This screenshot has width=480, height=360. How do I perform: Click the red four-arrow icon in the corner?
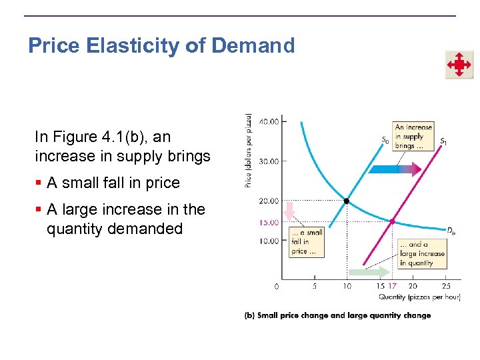coord(459,65)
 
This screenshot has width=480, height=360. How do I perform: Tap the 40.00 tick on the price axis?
coord(269,121)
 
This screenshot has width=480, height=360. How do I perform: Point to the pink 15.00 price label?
coord(269,222)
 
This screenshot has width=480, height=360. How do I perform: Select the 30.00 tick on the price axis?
coord(269,161)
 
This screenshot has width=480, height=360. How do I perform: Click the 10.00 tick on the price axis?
coord(269,241)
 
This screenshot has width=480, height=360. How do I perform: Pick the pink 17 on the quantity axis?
coord(393,286)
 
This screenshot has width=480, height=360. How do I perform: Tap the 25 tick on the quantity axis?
coord(446,286)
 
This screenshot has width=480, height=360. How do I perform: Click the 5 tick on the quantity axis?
coord(314,286)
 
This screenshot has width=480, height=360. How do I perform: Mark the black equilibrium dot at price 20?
coord(347,201)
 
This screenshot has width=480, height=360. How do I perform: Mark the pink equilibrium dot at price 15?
coord(393,221)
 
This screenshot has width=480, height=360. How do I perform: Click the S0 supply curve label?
coord(385,140)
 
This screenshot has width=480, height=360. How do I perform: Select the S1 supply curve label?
coord(443,141)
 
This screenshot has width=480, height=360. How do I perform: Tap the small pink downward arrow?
coord(289,212)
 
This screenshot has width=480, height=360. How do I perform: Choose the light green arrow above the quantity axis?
coord(369,272)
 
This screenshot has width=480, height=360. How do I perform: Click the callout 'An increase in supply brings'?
coord(413,136)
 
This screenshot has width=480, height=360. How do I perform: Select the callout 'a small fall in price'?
coord(307,242)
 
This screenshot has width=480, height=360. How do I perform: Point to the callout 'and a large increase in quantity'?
coord(422,254)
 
